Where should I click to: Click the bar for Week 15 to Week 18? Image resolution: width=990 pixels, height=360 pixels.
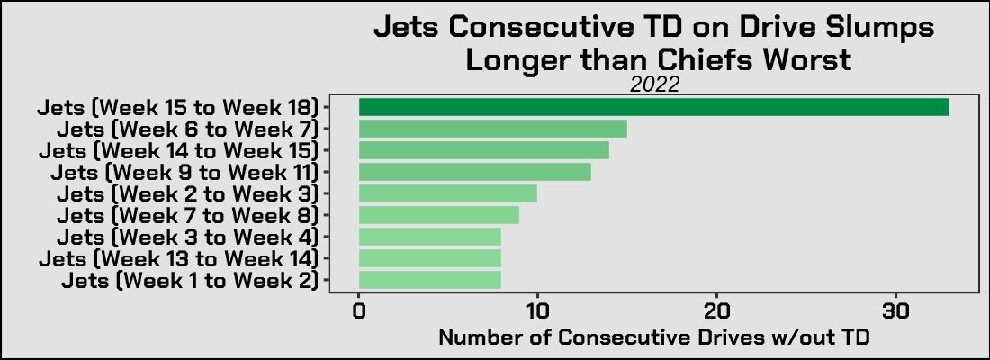point(653,107)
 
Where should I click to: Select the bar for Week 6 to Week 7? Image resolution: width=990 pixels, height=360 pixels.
point(492,129)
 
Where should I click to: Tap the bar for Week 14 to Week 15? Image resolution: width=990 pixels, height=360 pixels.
point(483,150)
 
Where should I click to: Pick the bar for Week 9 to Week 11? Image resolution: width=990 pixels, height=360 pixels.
point(474,172)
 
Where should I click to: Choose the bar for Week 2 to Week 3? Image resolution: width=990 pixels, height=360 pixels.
point(447,193)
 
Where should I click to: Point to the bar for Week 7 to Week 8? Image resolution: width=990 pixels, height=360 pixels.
point(438,215)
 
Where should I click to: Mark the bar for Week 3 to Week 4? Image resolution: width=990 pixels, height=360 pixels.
point(429,237)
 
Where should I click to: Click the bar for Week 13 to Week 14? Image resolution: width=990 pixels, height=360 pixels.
point(429,258)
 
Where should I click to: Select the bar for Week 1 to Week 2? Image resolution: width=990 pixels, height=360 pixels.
point(429,280)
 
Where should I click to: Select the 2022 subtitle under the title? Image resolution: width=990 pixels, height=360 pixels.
point(653,85)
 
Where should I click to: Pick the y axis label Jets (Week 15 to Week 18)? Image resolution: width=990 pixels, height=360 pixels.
point(178,107)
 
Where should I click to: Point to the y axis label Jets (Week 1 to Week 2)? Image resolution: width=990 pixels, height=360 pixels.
point(190,280)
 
